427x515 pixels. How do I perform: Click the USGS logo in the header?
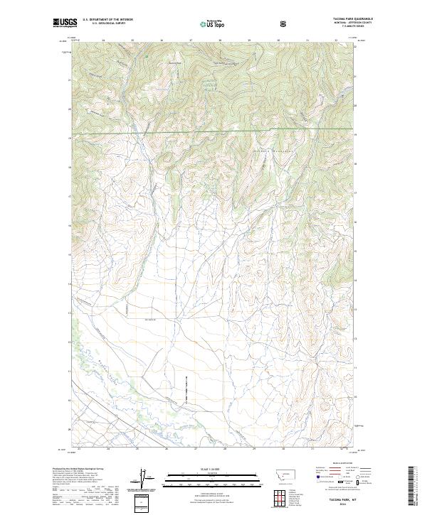coord(65,23)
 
